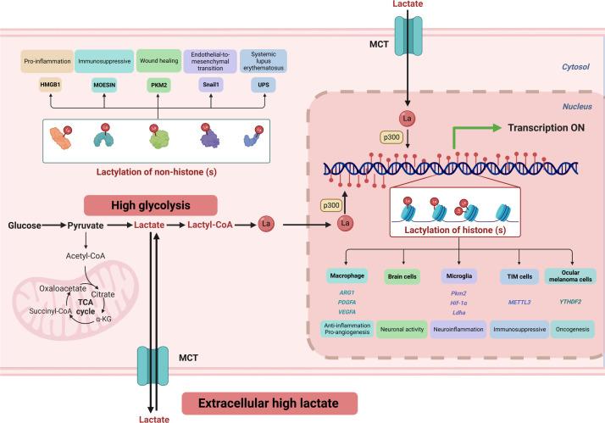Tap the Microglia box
(x=459, y=276)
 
